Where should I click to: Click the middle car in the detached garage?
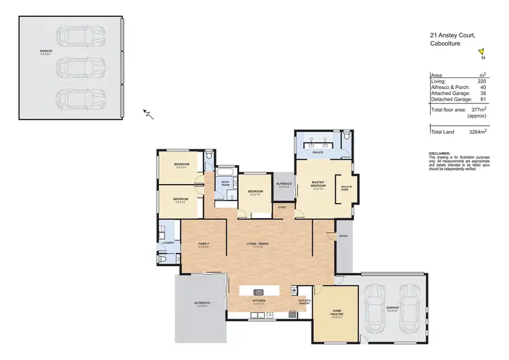(81, 66)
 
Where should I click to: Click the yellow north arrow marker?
(481, 50)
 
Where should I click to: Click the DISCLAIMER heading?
(440, 154)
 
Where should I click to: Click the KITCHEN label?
(258, 300)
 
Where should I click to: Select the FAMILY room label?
(202, 243)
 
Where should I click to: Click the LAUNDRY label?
(169, 242)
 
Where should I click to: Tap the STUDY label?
(282, 207)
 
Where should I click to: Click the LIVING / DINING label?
(258, 243)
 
